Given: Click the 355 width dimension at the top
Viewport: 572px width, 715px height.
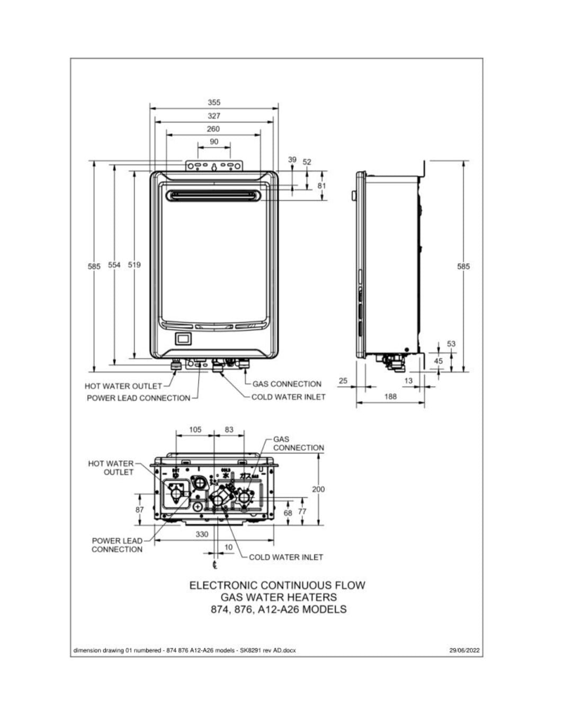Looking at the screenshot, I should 214,102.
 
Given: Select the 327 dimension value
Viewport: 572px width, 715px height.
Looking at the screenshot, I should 214,115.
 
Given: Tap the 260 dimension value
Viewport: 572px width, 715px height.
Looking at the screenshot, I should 213,129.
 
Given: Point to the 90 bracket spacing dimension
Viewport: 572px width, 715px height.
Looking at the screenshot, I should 214,141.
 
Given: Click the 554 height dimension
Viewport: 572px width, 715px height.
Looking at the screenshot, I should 114,265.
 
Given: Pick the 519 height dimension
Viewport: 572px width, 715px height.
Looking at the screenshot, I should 135,265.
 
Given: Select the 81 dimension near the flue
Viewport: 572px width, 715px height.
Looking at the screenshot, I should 321,186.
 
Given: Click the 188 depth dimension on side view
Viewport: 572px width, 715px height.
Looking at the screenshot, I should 390,396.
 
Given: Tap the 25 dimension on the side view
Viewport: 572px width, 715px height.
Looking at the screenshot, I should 343,381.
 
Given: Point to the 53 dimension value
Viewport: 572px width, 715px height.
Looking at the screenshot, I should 451,344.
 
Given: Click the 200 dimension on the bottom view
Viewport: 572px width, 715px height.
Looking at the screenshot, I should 318,489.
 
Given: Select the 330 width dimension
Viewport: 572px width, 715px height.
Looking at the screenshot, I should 202,534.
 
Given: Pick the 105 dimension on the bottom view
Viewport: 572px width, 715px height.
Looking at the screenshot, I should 195,430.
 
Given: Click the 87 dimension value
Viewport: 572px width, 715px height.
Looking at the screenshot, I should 140,510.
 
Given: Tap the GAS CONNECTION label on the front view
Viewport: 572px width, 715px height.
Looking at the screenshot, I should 287,384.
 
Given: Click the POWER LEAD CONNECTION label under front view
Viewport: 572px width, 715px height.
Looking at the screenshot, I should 138,398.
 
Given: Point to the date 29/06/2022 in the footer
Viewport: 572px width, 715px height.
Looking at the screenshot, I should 465,650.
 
